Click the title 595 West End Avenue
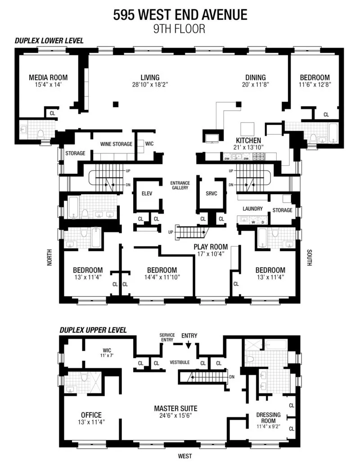(x=180, y=15)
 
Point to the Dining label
(x=255, y=77)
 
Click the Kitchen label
(x=248, y=140)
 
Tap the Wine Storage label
(x=116, y=144)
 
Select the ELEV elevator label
(x=147, y=194)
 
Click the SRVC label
(x=211, y=194)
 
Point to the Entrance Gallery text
(x=180, y=185)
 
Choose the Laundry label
(x=252, y=209)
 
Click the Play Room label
(x=211, y=247)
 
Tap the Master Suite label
(x=175, y=408)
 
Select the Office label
(x=91, y=415)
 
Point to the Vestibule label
(x=180, y=362)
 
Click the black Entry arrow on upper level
(x=188, y=344)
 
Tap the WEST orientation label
(x=184, y=456)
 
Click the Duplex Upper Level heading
(x=93, y=330)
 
